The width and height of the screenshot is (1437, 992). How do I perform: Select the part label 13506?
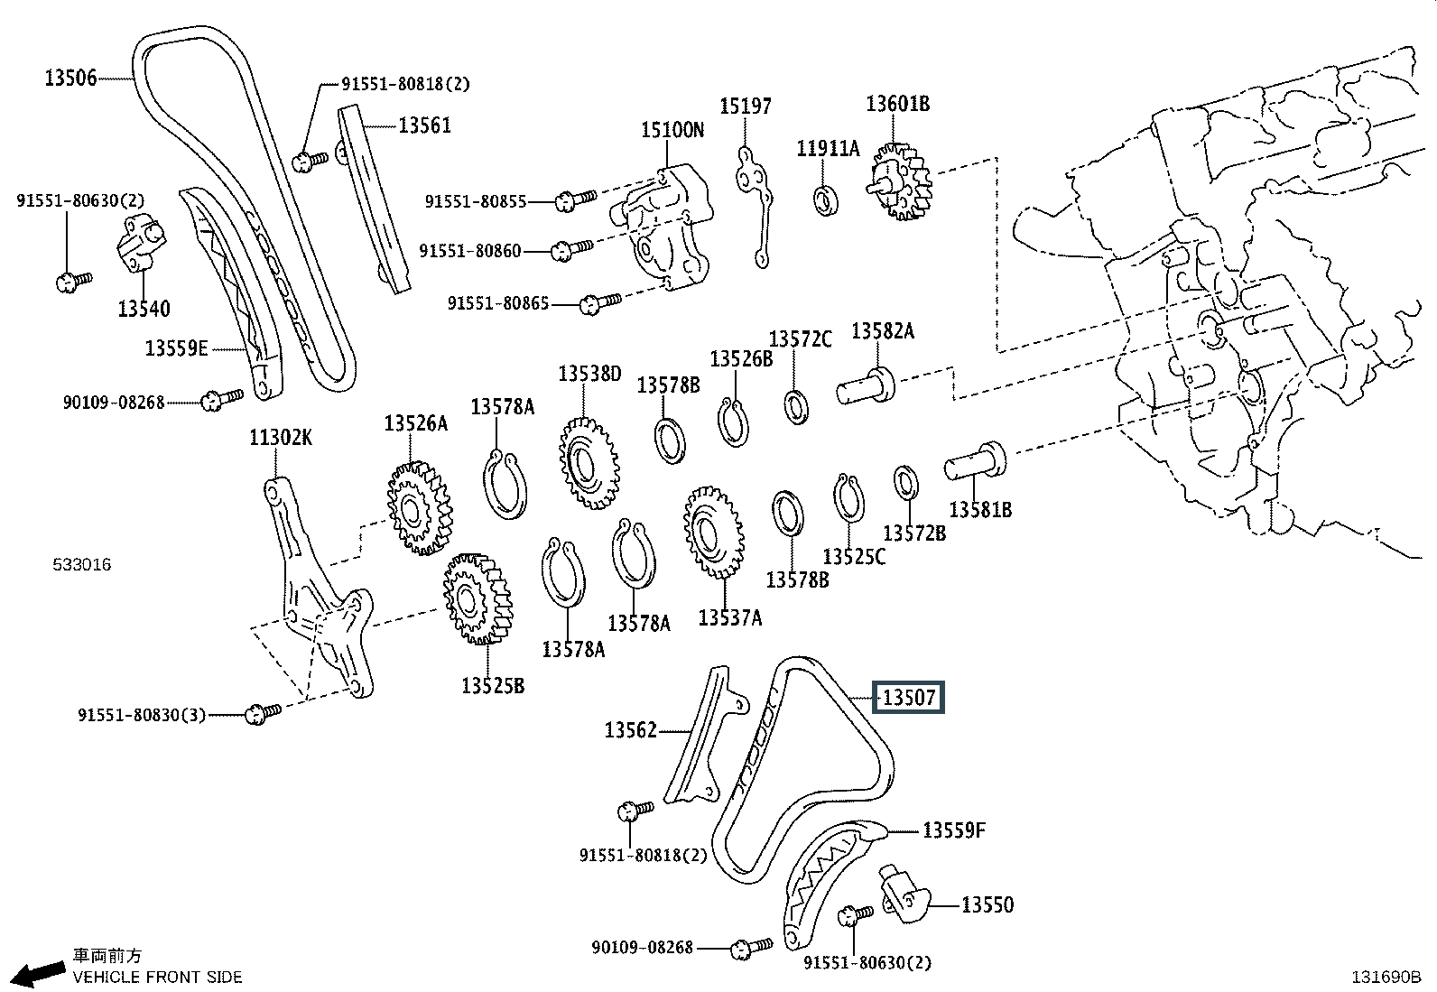pyautogui.click(x=70, y=79)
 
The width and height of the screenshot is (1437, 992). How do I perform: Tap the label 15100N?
pyautogui.click(x=672, y=130)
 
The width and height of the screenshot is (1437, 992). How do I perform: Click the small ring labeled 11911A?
pyautogui.click(x=825, y=200)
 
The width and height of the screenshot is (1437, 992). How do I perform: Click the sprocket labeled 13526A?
pyautogui.click(x=417, y=508)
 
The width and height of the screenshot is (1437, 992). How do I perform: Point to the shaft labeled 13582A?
pyautogui.click(x=866, y=385)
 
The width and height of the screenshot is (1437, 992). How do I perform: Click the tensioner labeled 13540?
pyautogui.click(x=142, y=244)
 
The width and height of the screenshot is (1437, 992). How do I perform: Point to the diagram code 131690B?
pyautogui.click(x=1386, y=976)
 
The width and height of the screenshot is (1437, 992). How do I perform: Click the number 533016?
pyautogui.click(x=81, y=565)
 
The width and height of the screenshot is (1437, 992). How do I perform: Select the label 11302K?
pyautogui.click(x=281, y=439)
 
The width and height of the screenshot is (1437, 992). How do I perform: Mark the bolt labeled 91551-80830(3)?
pyautogui.click(x=263, y=713)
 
